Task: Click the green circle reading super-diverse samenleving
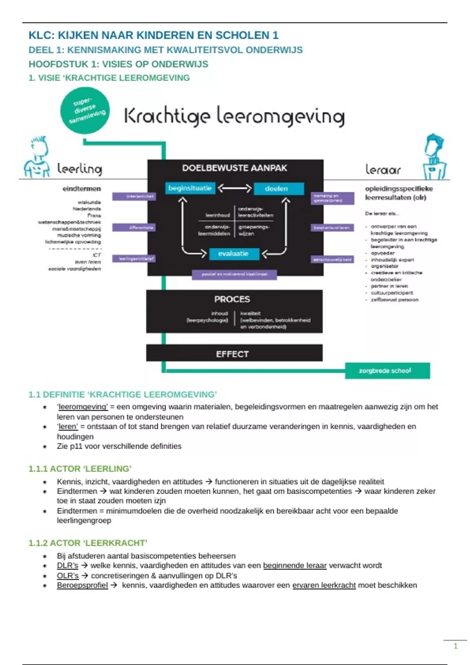pyautogui.click(x=85, y=111)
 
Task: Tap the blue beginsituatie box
pyautogui.click(x=190, y=188)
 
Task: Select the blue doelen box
pyautogui.click(x=278, y=189)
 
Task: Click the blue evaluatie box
pyautogui.click(x=233, y=254)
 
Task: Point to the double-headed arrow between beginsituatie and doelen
pyautogui.click(x=234, y=189)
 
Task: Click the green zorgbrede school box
pyautogui.click(x=387, y=370)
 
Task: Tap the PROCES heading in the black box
pyautogui.click(x=232, y=299)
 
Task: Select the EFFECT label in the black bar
pyautogui.click(x=232, y=354)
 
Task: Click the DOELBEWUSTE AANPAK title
pyautogui.click(x=235, y=168)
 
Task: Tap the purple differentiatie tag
pyautogui.click(x=134, y=228)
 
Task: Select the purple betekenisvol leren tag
pyautogui.click(x=333, y=228)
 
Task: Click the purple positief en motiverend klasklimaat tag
pyautogui.click(x=234, y=274)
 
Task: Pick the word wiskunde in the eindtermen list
pyautogui.click(x=89, y=202)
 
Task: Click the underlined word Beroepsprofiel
pyautogui.click(x=82, y=585)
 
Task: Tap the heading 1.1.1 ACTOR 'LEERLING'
pyautogui.click(x=80, y=469)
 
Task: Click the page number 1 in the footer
pyautogui.click(x=456, y=646)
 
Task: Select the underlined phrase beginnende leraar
pyautogui.click(x=295, y=566)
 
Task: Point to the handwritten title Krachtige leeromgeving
pyautogui.click(x=234, y=116)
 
